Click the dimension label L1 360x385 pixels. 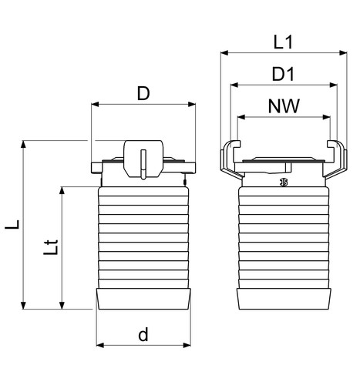point(283,42)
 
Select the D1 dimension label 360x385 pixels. point(283,74)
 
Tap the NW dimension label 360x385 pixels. point(284,105)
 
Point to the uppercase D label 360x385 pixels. point(143,93)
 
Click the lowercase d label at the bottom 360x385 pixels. point(143,334)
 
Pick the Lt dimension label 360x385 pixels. point(51,247)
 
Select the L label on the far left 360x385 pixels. point(12,224)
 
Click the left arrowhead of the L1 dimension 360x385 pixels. point(224,53)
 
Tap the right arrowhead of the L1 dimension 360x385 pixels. point(343,53)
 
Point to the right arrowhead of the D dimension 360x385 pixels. point(192,104)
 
